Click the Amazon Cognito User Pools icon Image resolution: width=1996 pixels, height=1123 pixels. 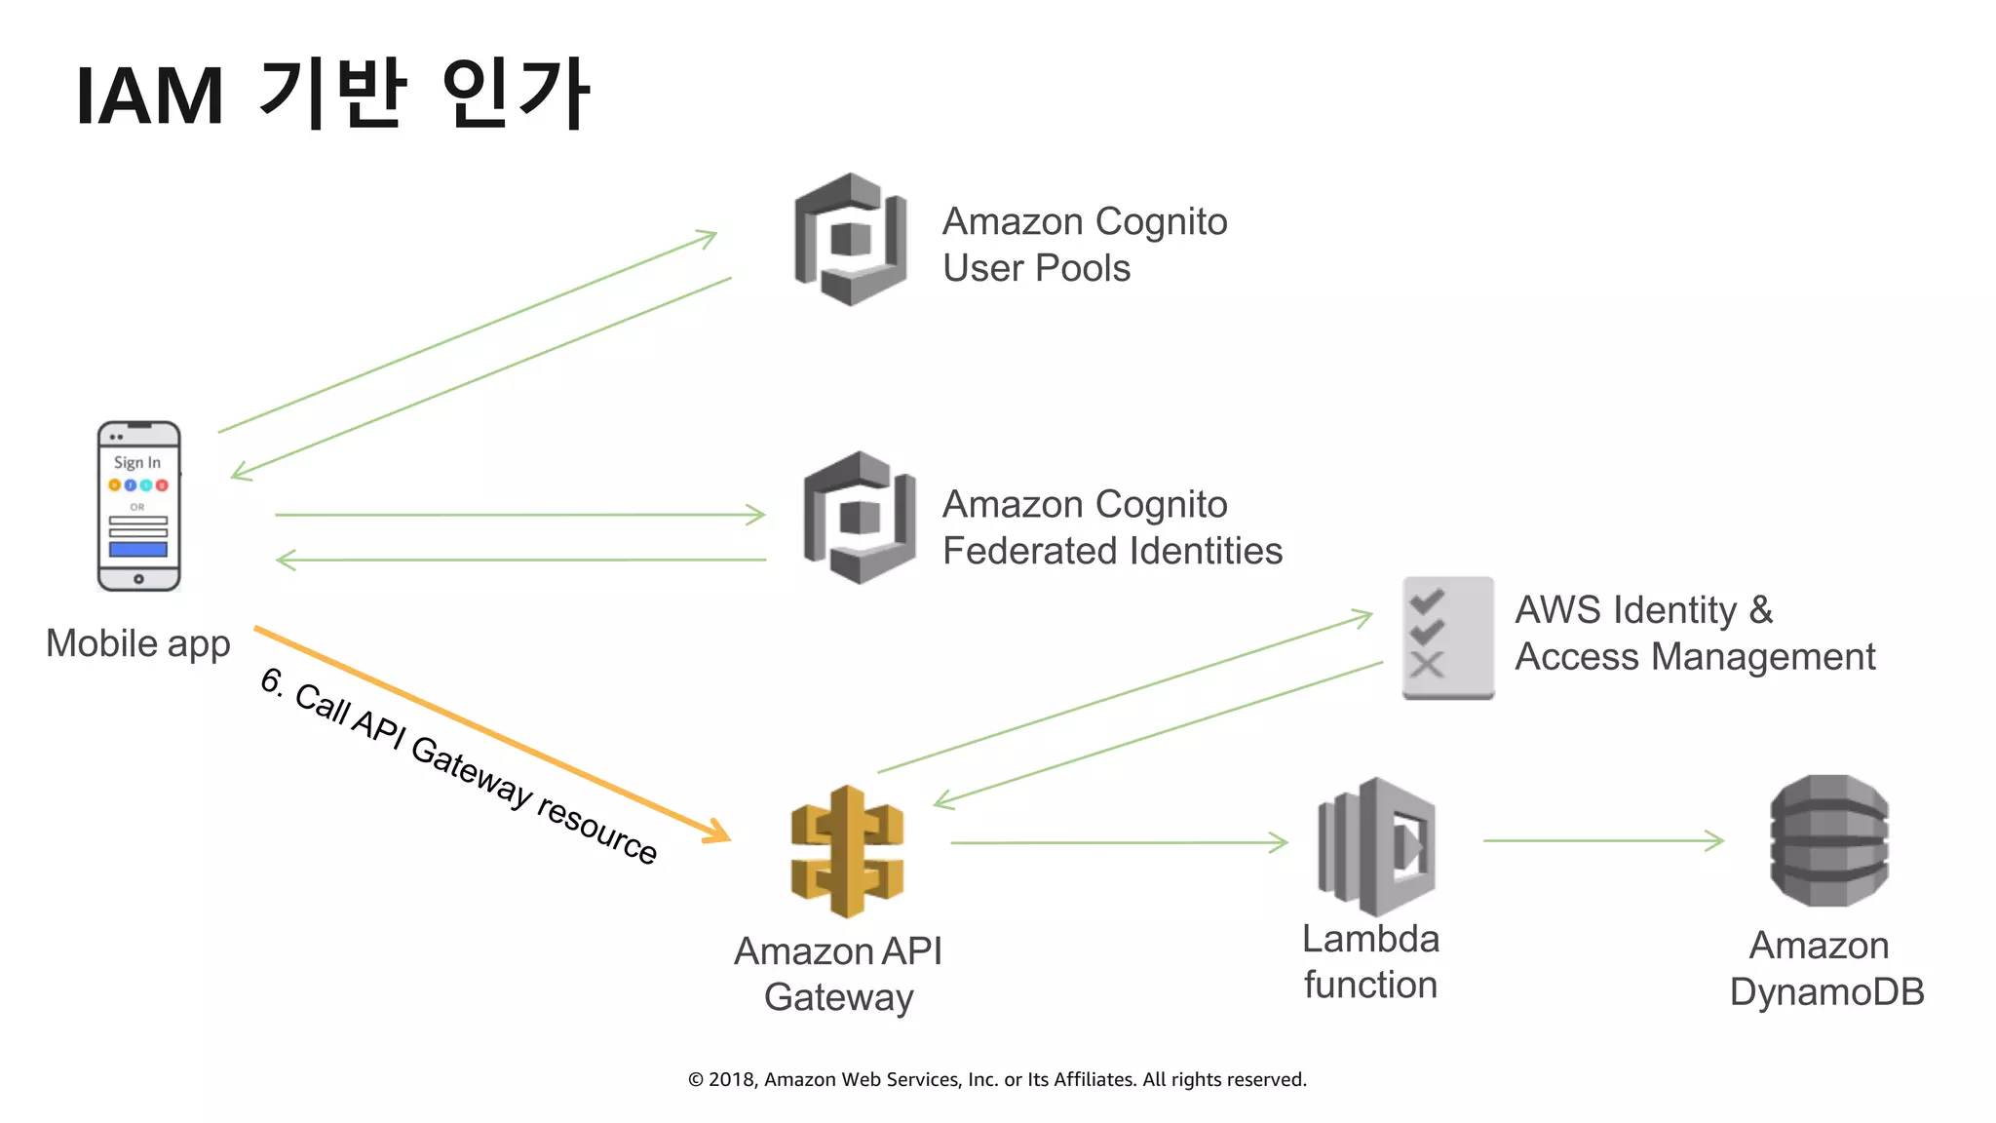pyautogui.click(x=851, y=239)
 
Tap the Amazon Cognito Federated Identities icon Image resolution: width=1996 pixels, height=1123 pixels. pyautogui.click(x=860, y=518)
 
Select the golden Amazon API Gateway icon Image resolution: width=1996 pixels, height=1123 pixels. pyautogui.click(x=847, y=851)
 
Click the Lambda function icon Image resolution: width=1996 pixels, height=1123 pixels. pyautogui.click(x=1376, y=845)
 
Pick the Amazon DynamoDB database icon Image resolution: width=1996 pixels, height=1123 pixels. pyautogui.click(x=1828, y=840)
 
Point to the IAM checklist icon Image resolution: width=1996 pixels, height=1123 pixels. pyautogui.click(x=1447, y=638)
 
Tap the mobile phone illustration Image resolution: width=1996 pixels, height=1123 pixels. pyautogui.click(x=138, y=506)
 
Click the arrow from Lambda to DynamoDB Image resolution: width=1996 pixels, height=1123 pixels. pyautogui.click(x=1603, y=840)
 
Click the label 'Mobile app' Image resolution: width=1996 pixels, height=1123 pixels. pyautogui.click(x=137, y=643)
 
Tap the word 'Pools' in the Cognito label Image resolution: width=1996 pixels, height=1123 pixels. pyautogui.click(x=1083, y=268)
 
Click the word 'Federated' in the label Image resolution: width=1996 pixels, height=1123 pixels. pyautogui.click(x=1029, y=552)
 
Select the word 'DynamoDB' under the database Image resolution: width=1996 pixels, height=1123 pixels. pyautogui.click(x=1826, y=991)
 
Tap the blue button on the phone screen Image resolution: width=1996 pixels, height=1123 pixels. pyautogui.click(x=137, y=549)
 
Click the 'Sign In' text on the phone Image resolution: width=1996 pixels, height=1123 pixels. pyautogui.click(x=136, y=462)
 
